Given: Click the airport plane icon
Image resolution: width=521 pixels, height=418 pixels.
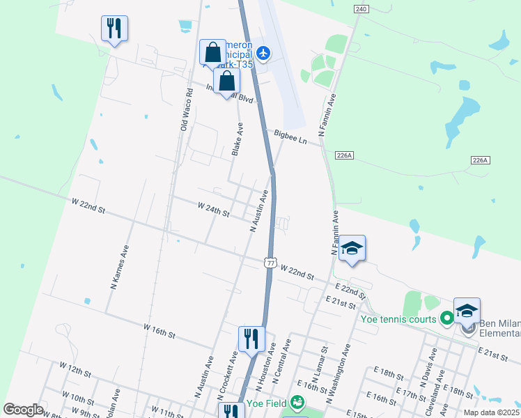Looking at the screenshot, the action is pos(263,52).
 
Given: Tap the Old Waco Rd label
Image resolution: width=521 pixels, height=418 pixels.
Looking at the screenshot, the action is pos(185,110).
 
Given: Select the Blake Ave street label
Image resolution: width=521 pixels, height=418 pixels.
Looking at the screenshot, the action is pos(238,139).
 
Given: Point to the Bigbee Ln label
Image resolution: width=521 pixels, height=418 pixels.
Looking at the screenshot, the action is pos(290,136).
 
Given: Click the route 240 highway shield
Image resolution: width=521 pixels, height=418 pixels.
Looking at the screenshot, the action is pos(360,9).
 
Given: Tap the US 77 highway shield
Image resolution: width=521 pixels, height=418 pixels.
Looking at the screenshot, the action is pos(270,262).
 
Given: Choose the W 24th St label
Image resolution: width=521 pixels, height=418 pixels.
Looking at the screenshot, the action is pos(213,210).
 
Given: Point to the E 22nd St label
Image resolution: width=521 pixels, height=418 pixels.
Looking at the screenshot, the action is pos(350,287).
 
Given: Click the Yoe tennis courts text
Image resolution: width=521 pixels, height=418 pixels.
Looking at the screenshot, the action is pos(398,320).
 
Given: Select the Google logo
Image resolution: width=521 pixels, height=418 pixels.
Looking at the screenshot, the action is pos(23,410).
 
